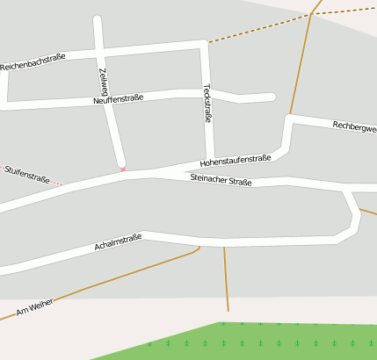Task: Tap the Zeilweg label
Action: [x=104, y=81]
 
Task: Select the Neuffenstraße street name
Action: [x=118, y=99]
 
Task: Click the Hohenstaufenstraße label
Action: [x=236, y=160]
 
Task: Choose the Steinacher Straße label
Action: [x=221, y=180]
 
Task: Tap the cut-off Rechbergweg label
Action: [x=354, y=127]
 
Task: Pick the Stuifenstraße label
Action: [x=26, y=173]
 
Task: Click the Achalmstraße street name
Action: [x=118, y=241]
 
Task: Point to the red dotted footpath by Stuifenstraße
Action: [x=56, y=183]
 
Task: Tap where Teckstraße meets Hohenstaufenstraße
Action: [x=210, y=161]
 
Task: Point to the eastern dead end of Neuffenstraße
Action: [x=272, y=97]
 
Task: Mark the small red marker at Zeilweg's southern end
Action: [x=123, y=168]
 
